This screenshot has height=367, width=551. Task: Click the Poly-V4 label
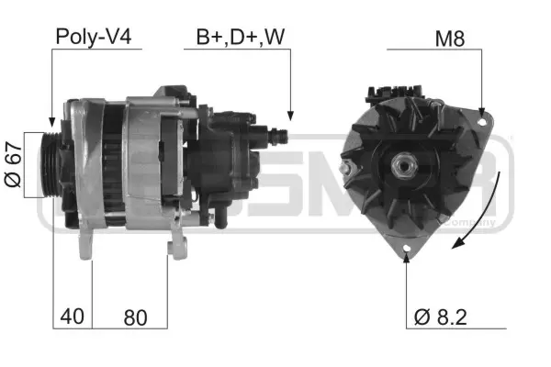[94, 38]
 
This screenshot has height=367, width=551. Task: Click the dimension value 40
[73, 317]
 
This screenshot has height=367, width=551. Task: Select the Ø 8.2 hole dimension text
[442, 317]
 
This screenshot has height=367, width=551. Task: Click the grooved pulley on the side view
[56, 165]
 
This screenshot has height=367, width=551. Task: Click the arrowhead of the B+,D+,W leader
[289, 117]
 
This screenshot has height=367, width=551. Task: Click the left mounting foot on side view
[87, 243]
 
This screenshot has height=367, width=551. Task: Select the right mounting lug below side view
[176, 245]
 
